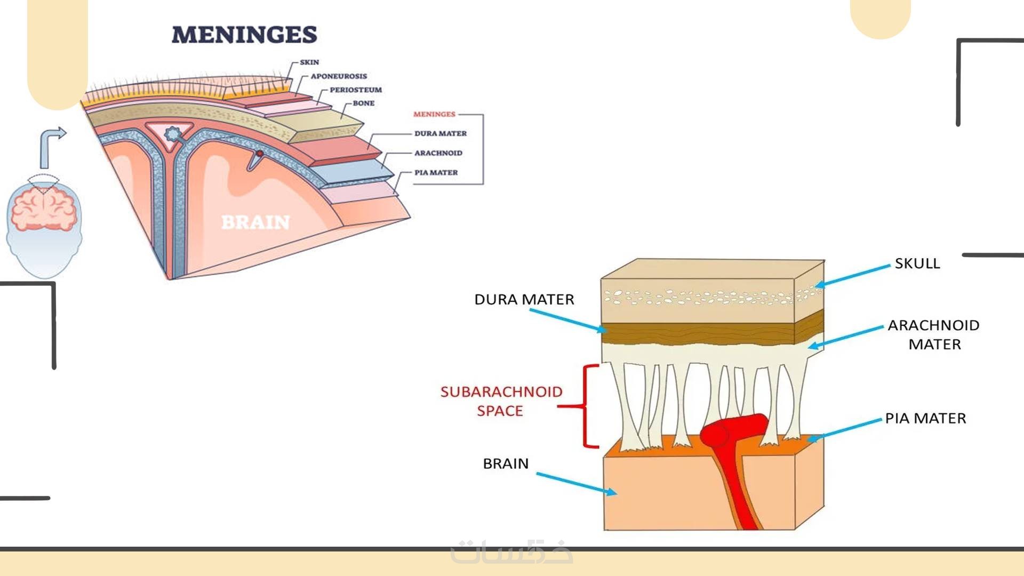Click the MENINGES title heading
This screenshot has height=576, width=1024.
click(x=244, y=35)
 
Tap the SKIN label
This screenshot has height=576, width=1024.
click(x=309, y=62)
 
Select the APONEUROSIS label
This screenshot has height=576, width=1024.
click(x=339, y=76)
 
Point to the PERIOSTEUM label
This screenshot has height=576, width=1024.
click(x=356, y=90)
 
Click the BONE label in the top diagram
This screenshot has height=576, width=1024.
click(x=363, y=103)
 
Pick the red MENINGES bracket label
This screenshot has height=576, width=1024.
click(x=434, y=114)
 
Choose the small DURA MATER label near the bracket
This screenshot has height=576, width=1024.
click(x=440, y=134)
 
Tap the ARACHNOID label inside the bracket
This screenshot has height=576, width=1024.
click(x=438, y=153)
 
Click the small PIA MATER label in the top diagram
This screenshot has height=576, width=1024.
click(x=436, y=173)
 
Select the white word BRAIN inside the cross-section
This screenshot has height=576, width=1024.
click(x=255, y=222)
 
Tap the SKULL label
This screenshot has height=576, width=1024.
click(x=917, y=263)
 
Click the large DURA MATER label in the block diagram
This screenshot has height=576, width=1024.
click(x=524, y=300)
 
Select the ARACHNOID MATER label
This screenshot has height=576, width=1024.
click(x=934, y=335)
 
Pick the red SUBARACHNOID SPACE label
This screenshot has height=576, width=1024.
click(x=501, y=401)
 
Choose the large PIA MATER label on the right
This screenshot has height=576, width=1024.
click(x=925, y=419)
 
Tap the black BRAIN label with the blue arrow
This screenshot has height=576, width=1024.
click(x=506, y=464)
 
